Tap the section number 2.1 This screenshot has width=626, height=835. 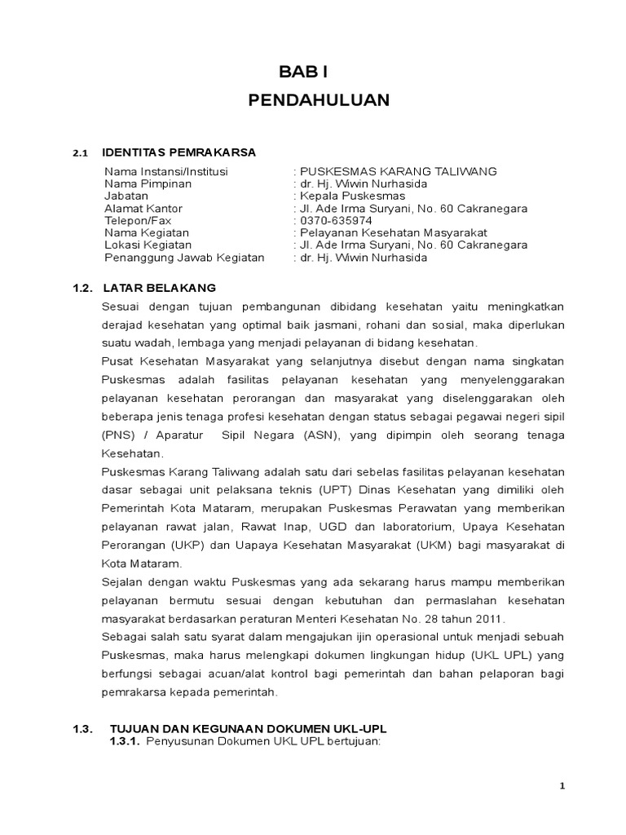pos(80,153)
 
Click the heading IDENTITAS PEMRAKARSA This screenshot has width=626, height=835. pos(179,152)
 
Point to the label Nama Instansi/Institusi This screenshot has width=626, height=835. pos(166,171)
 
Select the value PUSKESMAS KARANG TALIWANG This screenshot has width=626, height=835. pos(397,171)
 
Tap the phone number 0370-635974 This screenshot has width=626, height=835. pos(336,220)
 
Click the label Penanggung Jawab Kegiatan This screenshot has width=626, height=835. pos(184,258)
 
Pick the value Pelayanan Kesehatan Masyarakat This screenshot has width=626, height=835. pos(392,233)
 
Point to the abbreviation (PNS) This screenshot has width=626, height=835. pos(119,435)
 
